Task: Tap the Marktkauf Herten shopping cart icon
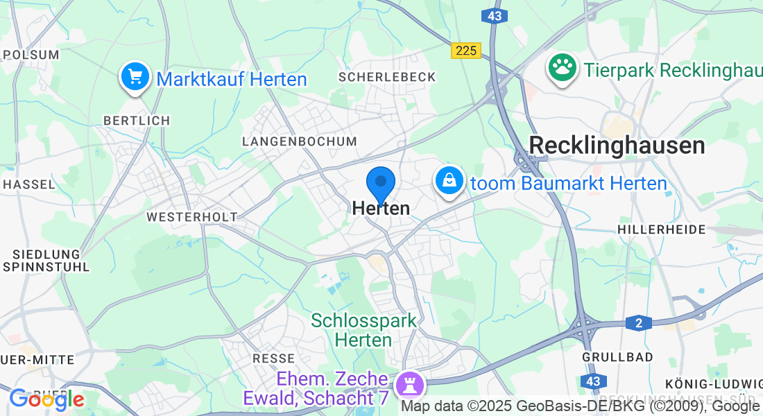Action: [135, 76]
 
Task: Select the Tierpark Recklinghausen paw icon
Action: [563, 67]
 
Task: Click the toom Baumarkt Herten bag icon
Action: [449, 180]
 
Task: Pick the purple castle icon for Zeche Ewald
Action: [406, 383]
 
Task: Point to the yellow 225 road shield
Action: [465, 50]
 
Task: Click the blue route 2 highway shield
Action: [638, 322]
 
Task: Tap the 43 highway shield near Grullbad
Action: [593, 381]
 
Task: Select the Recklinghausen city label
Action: [617, 146]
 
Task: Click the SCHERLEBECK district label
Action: [387, 77]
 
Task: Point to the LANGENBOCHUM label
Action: [299, 141]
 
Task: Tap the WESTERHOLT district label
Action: [191, 217]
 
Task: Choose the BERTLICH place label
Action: [136, 121]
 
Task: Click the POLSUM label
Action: [31, 54]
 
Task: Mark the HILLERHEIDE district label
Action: [661, 229]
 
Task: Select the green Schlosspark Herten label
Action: [363, 330]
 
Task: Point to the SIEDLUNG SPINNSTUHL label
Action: [46, 260]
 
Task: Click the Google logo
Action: [46, 399]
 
